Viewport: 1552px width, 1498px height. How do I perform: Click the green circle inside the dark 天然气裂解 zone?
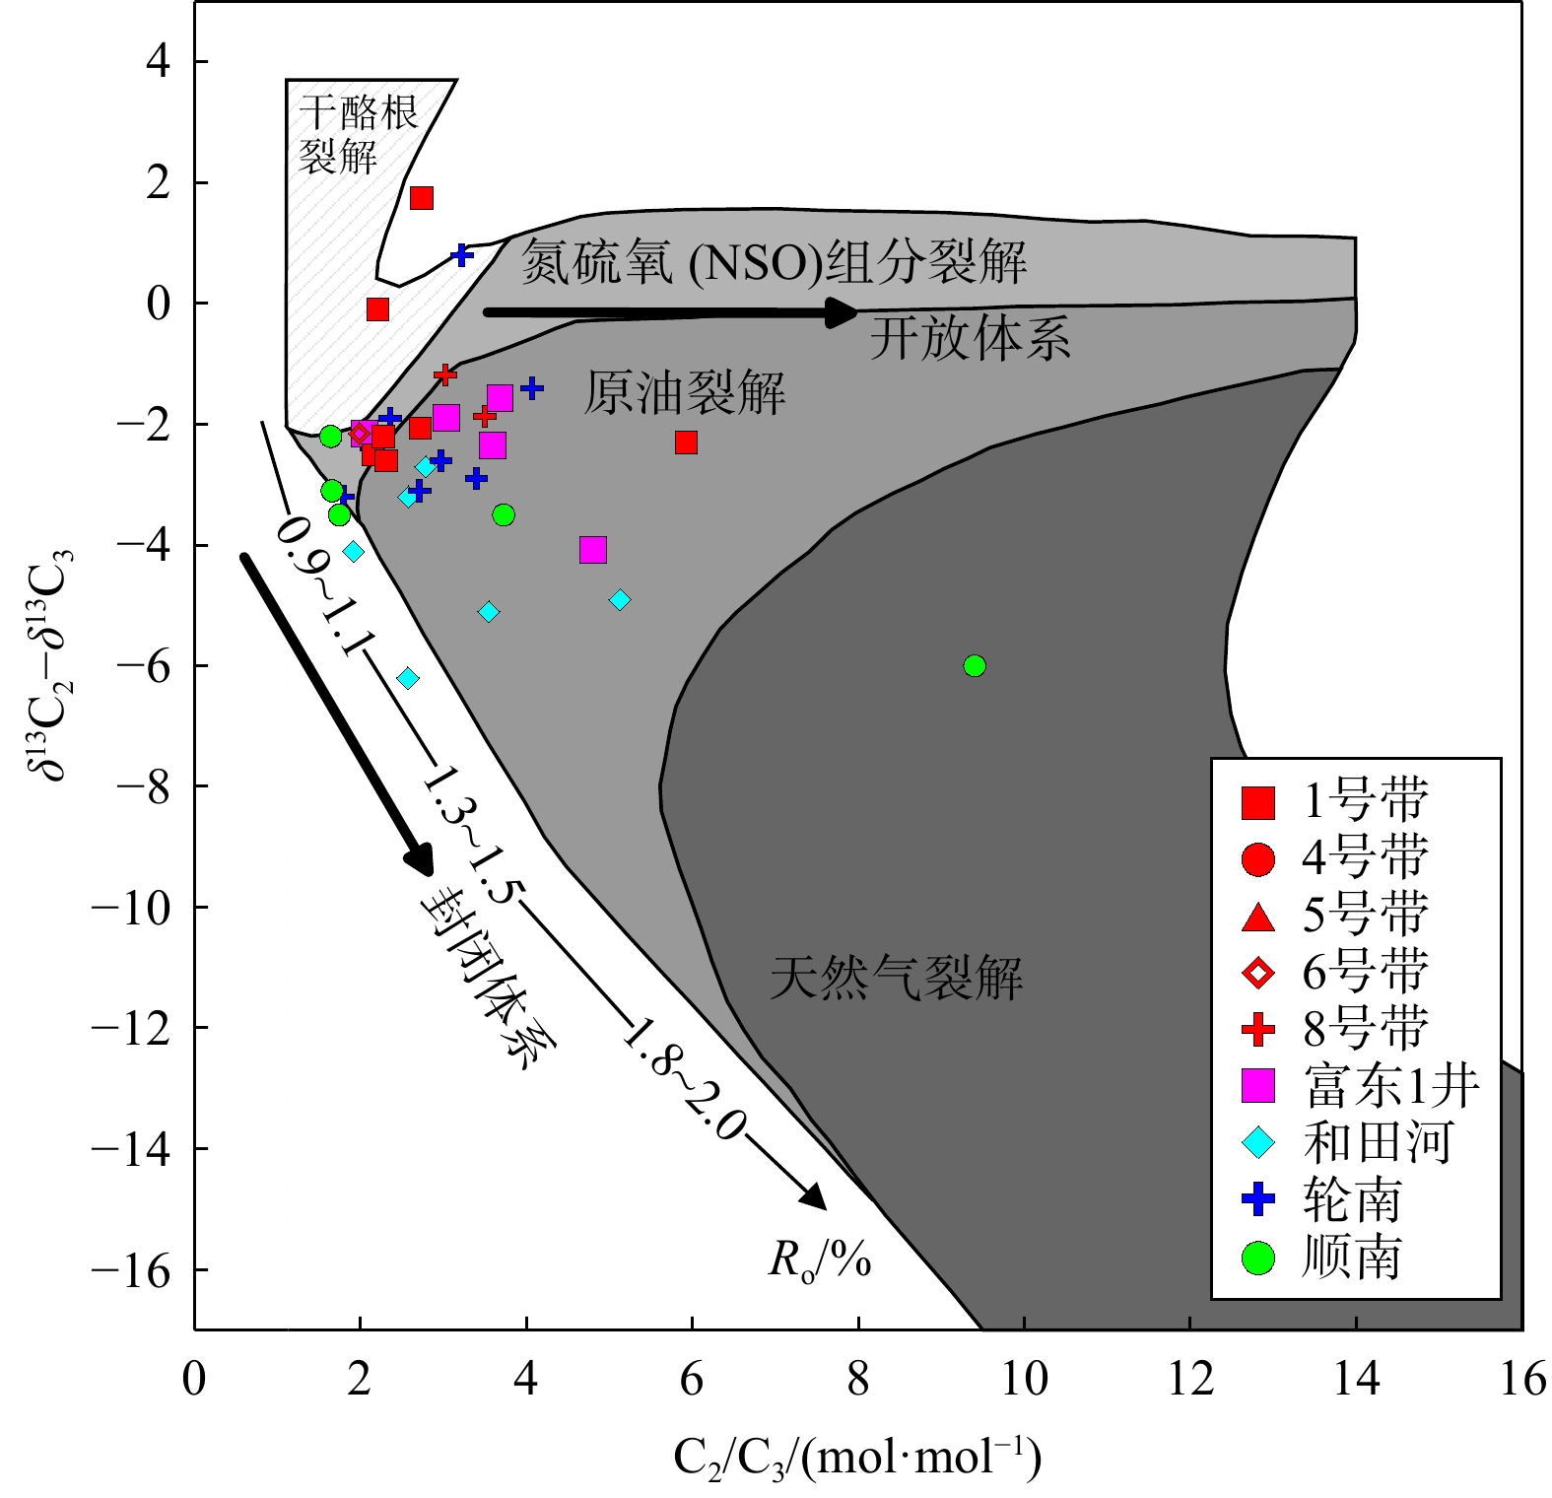[x=974, y=666]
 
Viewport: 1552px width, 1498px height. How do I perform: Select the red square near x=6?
[x=686, y=443]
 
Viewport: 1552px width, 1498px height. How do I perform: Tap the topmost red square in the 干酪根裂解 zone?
[x=422, y=198]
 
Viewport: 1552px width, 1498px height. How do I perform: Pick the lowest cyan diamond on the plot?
[x=407, y=678]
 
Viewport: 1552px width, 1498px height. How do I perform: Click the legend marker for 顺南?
[x=1258, y=1259]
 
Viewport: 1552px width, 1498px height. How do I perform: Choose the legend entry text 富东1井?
[x=1390, y=1086]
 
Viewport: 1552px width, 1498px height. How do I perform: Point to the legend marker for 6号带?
[x=1258, y=973]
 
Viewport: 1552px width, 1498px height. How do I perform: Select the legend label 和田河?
[x=1377, y=1143]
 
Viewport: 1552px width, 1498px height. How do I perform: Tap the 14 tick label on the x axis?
[x=1356, y=1378]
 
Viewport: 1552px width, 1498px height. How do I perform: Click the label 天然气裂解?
[x=896, y=979]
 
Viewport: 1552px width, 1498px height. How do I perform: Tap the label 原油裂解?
[x=685, y=393]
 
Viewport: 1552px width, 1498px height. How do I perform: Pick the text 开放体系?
[x=970, y=340]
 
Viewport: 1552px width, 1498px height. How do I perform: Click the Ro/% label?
[x=820, y=1260]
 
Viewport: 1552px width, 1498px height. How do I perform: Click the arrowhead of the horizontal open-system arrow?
[x=843, y=312]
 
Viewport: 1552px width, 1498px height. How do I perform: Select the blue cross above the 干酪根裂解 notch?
[x=461, y=255]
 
